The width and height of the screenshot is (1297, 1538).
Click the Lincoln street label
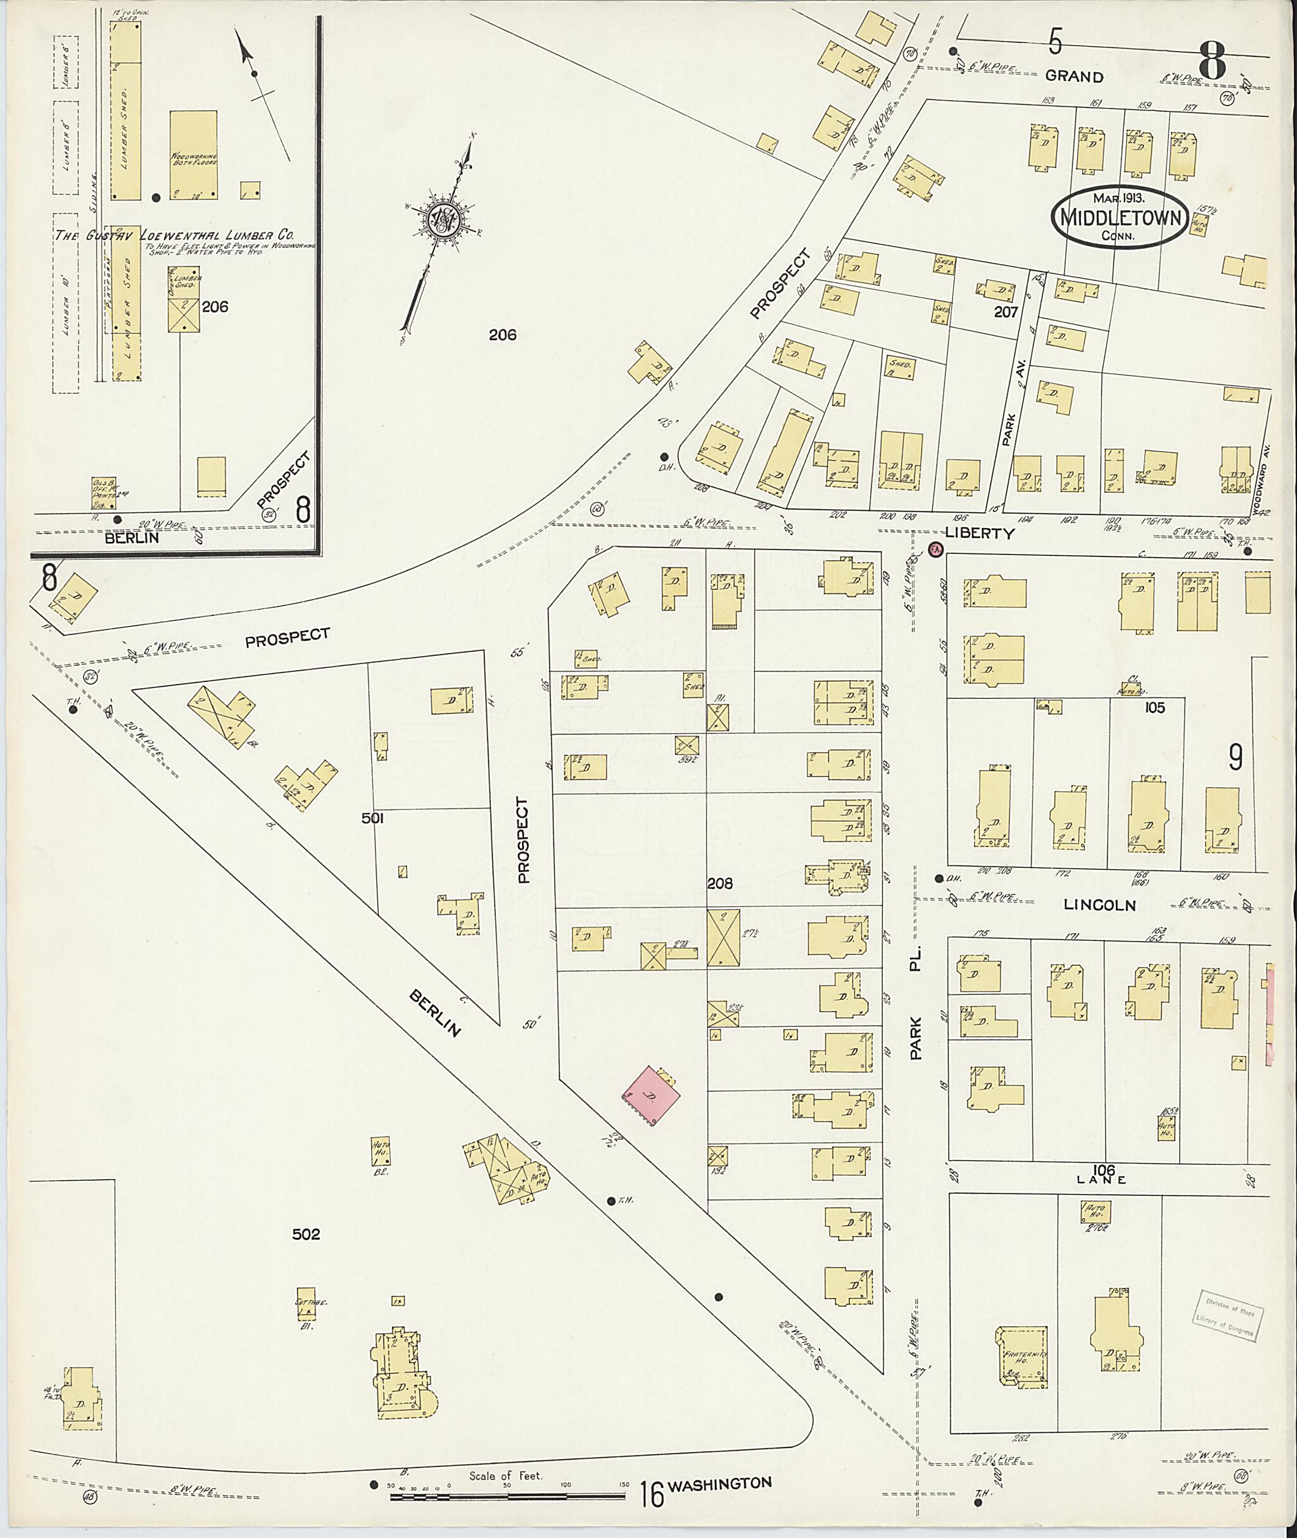coord(1099,905)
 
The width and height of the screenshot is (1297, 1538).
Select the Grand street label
coord(1074,77)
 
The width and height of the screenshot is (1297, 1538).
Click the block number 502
coord(306,1234)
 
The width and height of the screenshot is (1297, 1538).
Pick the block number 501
coord(373,817)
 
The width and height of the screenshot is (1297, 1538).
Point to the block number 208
coord(720,884)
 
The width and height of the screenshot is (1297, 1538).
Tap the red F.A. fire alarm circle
coord(935,549)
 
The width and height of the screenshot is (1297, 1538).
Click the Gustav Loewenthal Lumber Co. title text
coord(175,236)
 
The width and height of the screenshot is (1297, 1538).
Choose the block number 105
coord(1155,707)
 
